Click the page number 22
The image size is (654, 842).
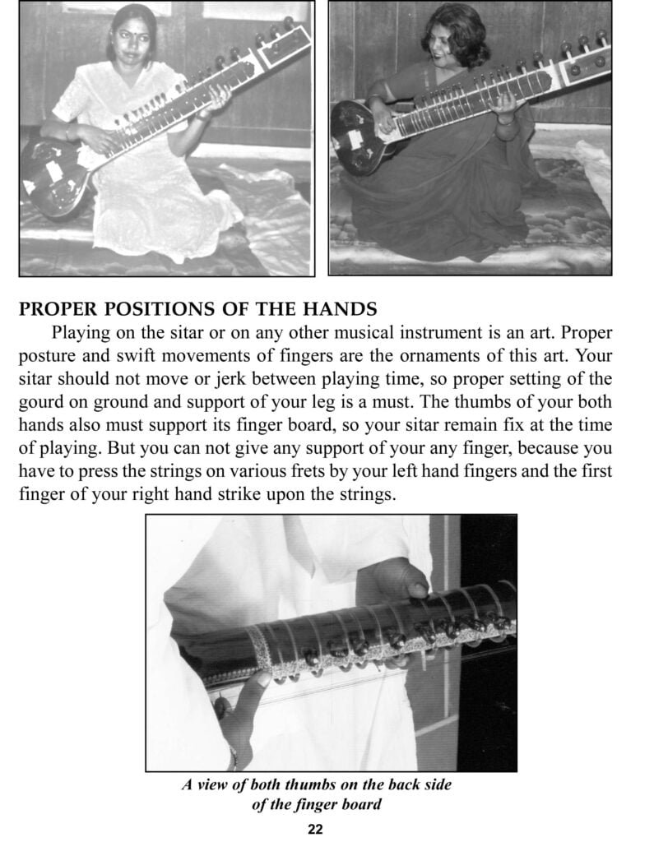315,829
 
